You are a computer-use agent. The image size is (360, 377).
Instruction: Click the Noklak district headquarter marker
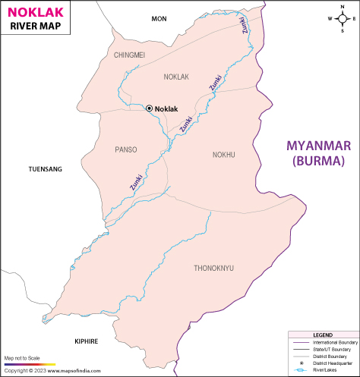(x=149, y=108)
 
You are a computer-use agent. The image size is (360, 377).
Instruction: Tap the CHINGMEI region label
(x=128, y=55)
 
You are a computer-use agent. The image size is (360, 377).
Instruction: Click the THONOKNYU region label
(x=214, y=268)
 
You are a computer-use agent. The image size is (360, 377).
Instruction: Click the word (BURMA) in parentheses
(x=319, y=161)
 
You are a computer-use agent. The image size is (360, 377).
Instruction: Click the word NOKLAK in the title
(x=35, y=11)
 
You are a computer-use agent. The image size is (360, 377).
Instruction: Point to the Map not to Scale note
(x=21, y=357)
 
